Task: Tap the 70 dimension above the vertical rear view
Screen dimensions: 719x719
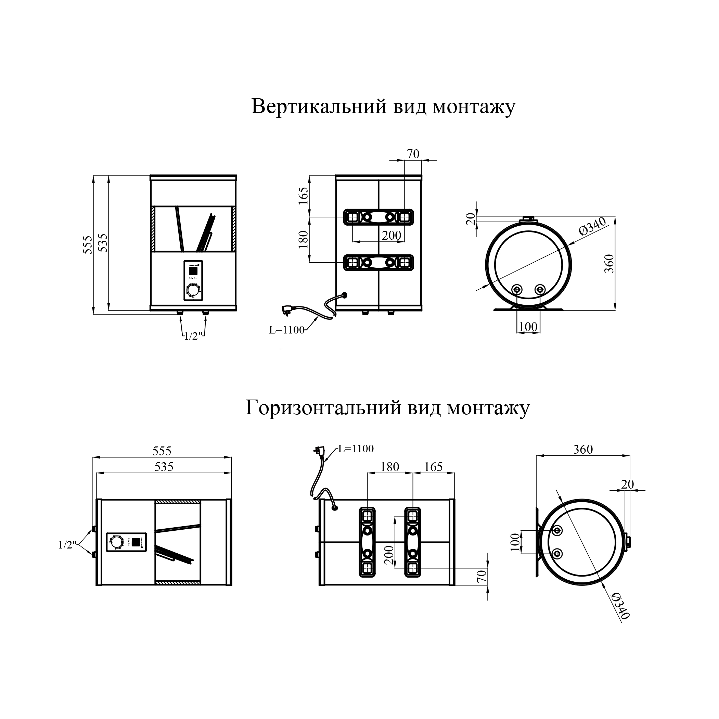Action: coord(413,154)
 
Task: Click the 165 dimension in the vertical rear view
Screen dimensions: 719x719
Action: coord(304,196)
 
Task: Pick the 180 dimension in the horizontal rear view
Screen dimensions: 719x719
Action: coord(390,467)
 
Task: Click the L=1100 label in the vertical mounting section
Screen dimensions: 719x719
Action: coord(286,330)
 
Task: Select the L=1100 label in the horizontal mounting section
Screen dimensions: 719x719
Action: coord(356,449)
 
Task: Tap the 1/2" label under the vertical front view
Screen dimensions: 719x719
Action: coord(193,336)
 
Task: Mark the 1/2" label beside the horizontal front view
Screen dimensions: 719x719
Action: coord(67,545)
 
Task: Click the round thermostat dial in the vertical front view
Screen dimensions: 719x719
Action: coord(193,290)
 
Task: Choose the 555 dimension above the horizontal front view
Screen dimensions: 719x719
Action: coord(162,451)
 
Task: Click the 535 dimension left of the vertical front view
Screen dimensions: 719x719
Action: coord(103,243)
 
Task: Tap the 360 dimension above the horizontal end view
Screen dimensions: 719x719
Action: coord(583,450)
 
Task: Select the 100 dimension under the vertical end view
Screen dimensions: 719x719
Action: coord(528,327)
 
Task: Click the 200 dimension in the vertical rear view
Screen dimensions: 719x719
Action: coord(391,235)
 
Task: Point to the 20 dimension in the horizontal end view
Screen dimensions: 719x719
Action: coord(627,484)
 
